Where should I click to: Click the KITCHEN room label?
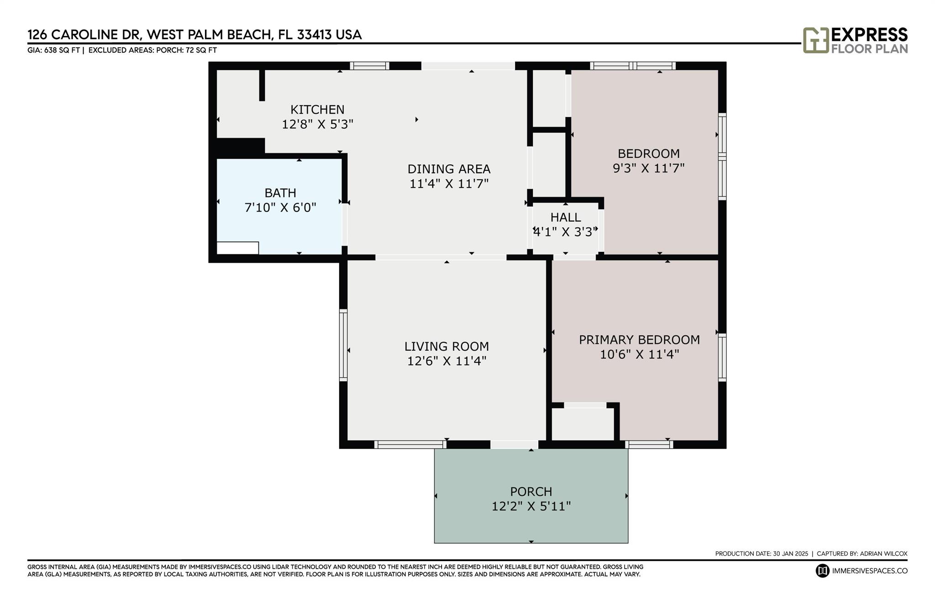tap(317, 110)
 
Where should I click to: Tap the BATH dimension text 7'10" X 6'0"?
tap(280, 207)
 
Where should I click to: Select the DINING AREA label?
tap(449, 169)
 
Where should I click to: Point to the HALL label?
tap(566, 217)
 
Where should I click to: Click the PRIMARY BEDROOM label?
tap(639, 340)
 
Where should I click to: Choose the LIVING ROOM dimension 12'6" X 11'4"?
tap(446, 361)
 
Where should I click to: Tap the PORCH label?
tap(531, 492)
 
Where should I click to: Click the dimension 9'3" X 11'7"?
tap(648, 168)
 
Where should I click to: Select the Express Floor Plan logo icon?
tap(816, 40)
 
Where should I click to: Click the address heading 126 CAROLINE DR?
tap(83, 35)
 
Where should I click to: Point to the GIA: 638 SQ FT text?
tap(54, 50)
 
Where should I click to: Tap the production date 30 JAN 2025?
tap(790, 553)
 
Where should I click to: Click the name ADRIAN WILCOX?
tap(883, 553)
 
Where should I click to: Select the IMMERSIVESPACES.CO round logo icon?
tap(822, 571)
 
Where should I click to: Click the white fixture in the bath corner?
tap(237, 248)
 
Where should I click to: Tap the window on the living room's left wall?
tap(343, 345)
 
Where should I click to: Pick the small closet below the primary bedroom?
tap(583, 424)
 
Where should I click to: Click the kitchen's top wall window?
tap(370, 66)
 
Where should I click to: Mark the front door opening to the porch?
tap(514, 445)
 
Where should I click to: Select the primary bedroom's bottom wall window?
tap(649, 445)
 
